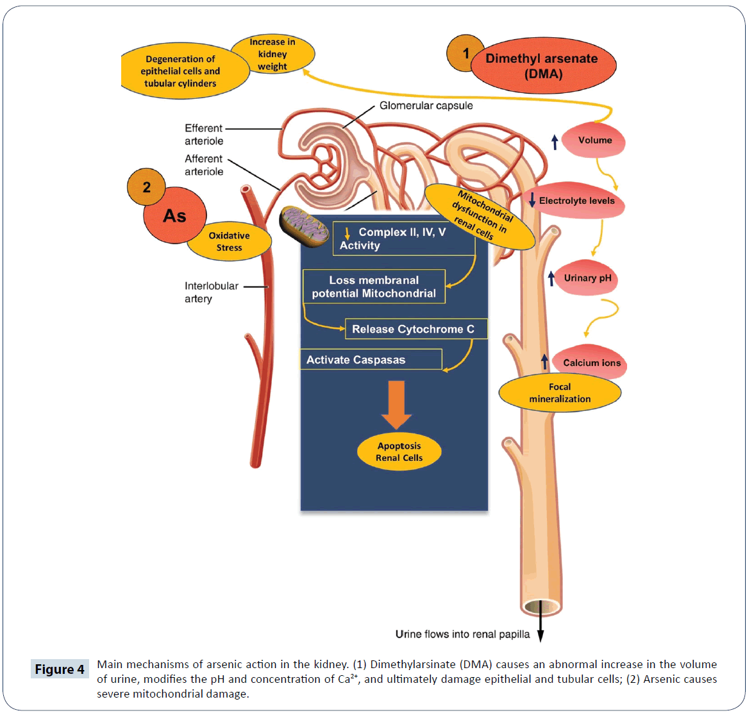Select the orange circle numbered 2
(146, 187)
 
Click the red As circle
(174, 216)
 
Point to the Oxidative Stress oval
(229, 242)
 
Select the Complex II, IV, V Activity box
(403, 239)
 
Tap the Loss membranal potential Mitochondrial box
(374, 287)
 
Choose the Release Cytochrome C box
(415, 329)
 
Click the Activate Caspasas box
(371, 360)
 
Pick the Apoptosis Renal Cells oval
(399, 452)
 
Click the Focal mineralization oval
(560, 393)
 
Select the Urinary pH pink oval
(586, 278)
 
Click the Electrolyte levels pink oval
(576, 201)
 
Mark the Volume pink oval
(594, 140)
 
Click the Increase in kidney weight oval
(273, 54)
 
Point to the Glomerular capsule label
(426, 106)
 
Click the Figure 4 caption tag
(60, 669)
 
